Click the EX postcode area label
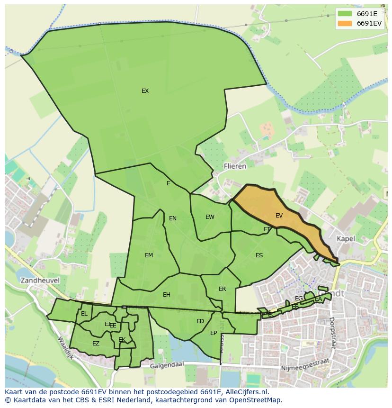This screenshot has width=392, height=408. (145, 91)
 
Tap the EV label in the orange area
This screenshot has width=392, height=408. (279, 216)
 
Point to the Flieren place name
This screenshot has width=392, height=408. (235, 166)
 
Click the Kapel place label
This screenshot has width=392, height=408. (346, 238)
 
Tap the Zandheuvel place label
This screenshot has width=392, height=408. (40, 280)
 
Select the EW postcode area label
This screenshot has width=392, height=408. (210, 217)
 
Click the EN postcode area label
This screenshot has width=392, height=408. (173, 218)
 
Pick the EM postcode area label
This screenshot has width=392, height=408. (149, 255)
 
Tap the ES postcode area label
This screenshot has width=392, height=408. (259, 255)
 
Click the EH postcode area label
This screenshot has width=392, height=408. (166, 295)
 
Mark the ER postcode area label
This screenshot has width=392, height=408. (222, 289)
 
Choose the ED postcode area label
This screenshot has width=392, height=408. (200, 321)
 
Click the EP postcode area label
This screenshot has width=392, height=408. (214, 333)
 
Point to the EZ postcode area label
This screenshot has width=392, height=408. (96, 344)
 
